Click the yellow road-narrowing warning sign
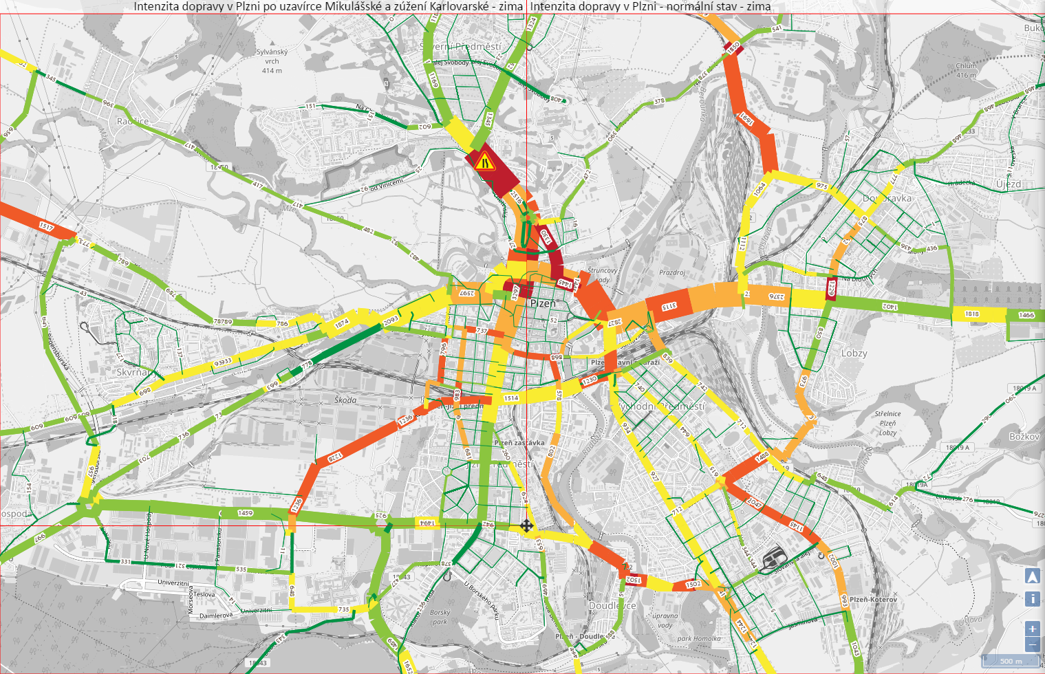tap(485, 162)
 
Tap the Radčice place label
tap(133, 121)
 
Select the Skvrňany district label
tap(133, 372)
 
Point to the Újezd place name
tap(1009, 184)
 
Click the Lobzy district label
tap(854, 354)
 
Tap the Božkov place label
tap(1024, 437)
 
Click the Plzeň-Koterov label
tap(873, 600)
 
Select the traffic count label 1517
tap(46, 226)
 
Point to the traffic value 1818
tap(971, 314)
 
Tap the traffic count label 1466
tap(1026, 315)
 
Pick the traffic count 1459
tap(245, 513)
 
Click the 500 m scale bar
tap(1011, 661)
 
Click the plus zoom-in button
tap(1032, 629)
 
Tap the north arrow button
tap(1032, 576)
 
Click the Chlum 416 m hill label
tap(966, 71)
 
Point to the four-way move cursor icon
tap(526, 527)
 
